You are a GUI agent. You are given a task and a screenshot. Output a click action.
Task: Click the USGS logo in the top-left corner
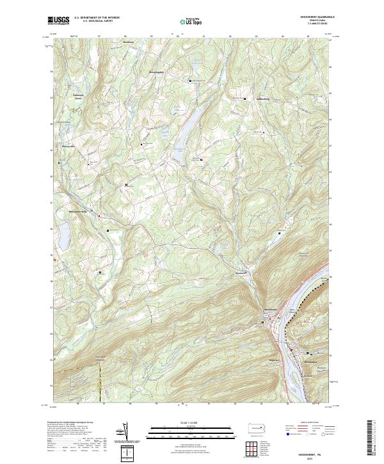pyautogui.click(x=58, y=20)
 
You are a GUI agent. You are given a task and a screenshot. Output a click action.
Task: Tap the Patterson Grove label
pyautogui.click(x=77, y=97)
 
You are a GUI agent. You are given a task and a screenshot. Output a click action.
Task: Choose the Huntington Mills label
pyautogui.click(x=81, y=211)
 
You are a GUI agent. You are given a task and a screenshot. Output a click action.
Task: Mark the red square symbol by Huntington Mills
pyautogui.click(x=99, y=216)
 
